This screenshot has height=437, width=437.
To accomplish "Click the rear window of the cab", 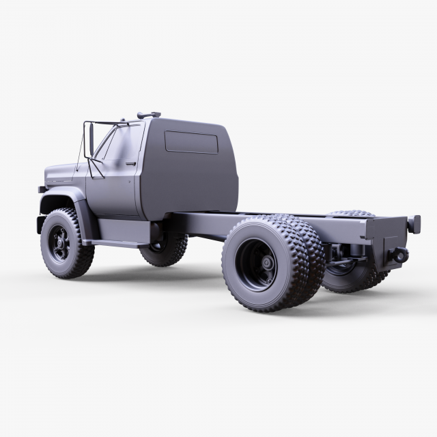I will click(191, 142).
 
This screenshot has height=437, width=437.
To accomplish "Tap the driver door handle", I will click(130, 164).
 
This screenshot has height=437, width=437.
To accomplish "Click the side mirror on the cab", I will click(90, 139).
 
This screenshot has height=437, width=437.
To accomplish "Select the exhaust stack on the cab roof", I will click(148, 115).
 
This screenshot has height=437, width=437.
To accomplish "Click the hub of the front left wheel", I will click(59, 244).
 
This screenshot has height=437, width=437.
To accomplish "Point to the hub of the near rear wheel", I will click(264, 264).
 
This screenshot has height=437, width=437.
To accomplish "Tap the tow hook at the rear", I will click(399, 255).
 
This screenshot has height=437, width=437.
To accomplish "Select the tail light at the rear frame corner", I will click(414, 224).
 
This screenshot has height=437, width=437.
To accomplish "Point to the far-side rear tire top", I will click(352, 214).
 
